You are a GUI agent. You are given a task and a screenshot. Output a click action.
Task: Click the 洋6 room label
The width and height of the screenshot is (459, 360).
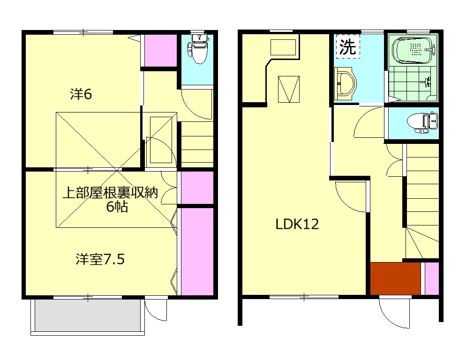pyautogui.click(x=81, y=94)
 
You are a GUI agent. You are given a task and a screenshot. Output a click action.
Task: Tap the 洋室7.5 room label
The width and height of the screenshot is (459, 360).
pyautogui.click(x=100, y=259)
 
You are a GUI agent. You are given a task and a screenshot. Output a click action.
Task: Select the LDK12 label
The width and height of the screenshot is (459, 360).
pyautogui.click(x=297, y=224)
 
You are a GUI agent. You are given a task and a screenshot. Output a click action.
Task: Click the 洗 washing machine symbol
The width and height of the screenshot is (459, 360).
pyautogui.click(x=347, y=47)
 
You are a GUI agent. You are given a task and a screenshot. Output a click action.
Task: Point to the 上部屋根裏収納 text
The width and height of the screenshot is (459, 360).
pyautogui.click(x=111, y=193)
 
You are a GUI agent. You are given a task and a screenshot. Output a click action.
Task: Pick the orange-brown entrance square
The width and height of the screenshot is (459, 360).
pyautogui.click(x=395, y=278)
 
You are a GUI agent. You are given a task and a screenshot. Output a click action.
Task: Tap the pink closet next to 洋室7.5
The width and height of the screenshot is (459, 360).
pyautogui.click(x=197, y=251)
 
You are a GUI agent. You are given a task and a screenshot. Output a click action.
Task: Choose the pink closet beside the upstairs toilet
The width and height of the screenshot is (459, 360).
pyautogui.click(x=160, y=51)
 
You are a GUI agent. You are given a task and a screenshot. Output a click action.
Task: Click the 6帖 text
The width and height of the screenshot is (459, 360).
pyautogui.click(x=117, y=207)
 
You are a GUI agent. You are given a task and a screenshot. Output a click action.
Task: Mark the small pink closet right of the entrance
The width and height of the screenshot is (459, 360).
pyautogui.click(x=432, y=278)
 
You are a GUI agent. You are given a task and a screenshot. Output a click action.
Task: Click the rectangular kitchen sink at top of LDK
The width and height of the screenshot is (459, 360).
pyautogui.click(x=283, y=47)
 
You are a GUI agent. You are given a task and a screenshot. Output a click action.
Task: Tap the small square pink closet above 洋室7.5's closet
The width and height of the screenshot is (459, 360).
pyautogui.click(x=197, y=187)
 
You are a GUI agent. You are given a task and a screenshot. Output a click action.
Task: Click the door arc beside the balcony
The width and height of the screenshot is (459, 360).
pyautogui.click(x=156, y=310)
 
